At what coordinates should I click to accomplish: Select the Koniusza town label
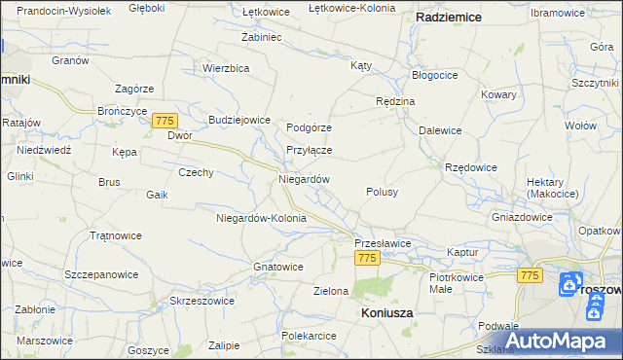click(x=386, y=313)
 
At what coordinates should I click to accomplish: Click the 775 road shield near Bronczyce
click(x=165, y=120)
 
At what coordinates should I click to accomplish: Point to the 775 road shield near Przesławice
click(x=366, y=258)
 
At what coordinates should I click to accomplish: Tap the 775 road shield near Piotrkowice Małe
click(x=530, y=275)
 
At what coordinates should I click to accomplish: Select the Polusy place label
click(x=382, y=192)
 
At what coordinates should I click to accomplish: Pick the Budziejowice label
click(x=238, y=120)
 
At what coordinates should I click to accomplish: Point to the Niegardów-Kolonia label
click(x=261, y=218)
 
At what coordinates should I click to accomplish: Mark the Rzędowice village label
click(x=471, y=167)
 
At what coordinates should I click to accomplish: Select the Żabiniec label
click(x=261, y=37)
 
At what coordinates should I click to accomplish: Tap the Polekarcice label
click(x=309, y=336)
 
